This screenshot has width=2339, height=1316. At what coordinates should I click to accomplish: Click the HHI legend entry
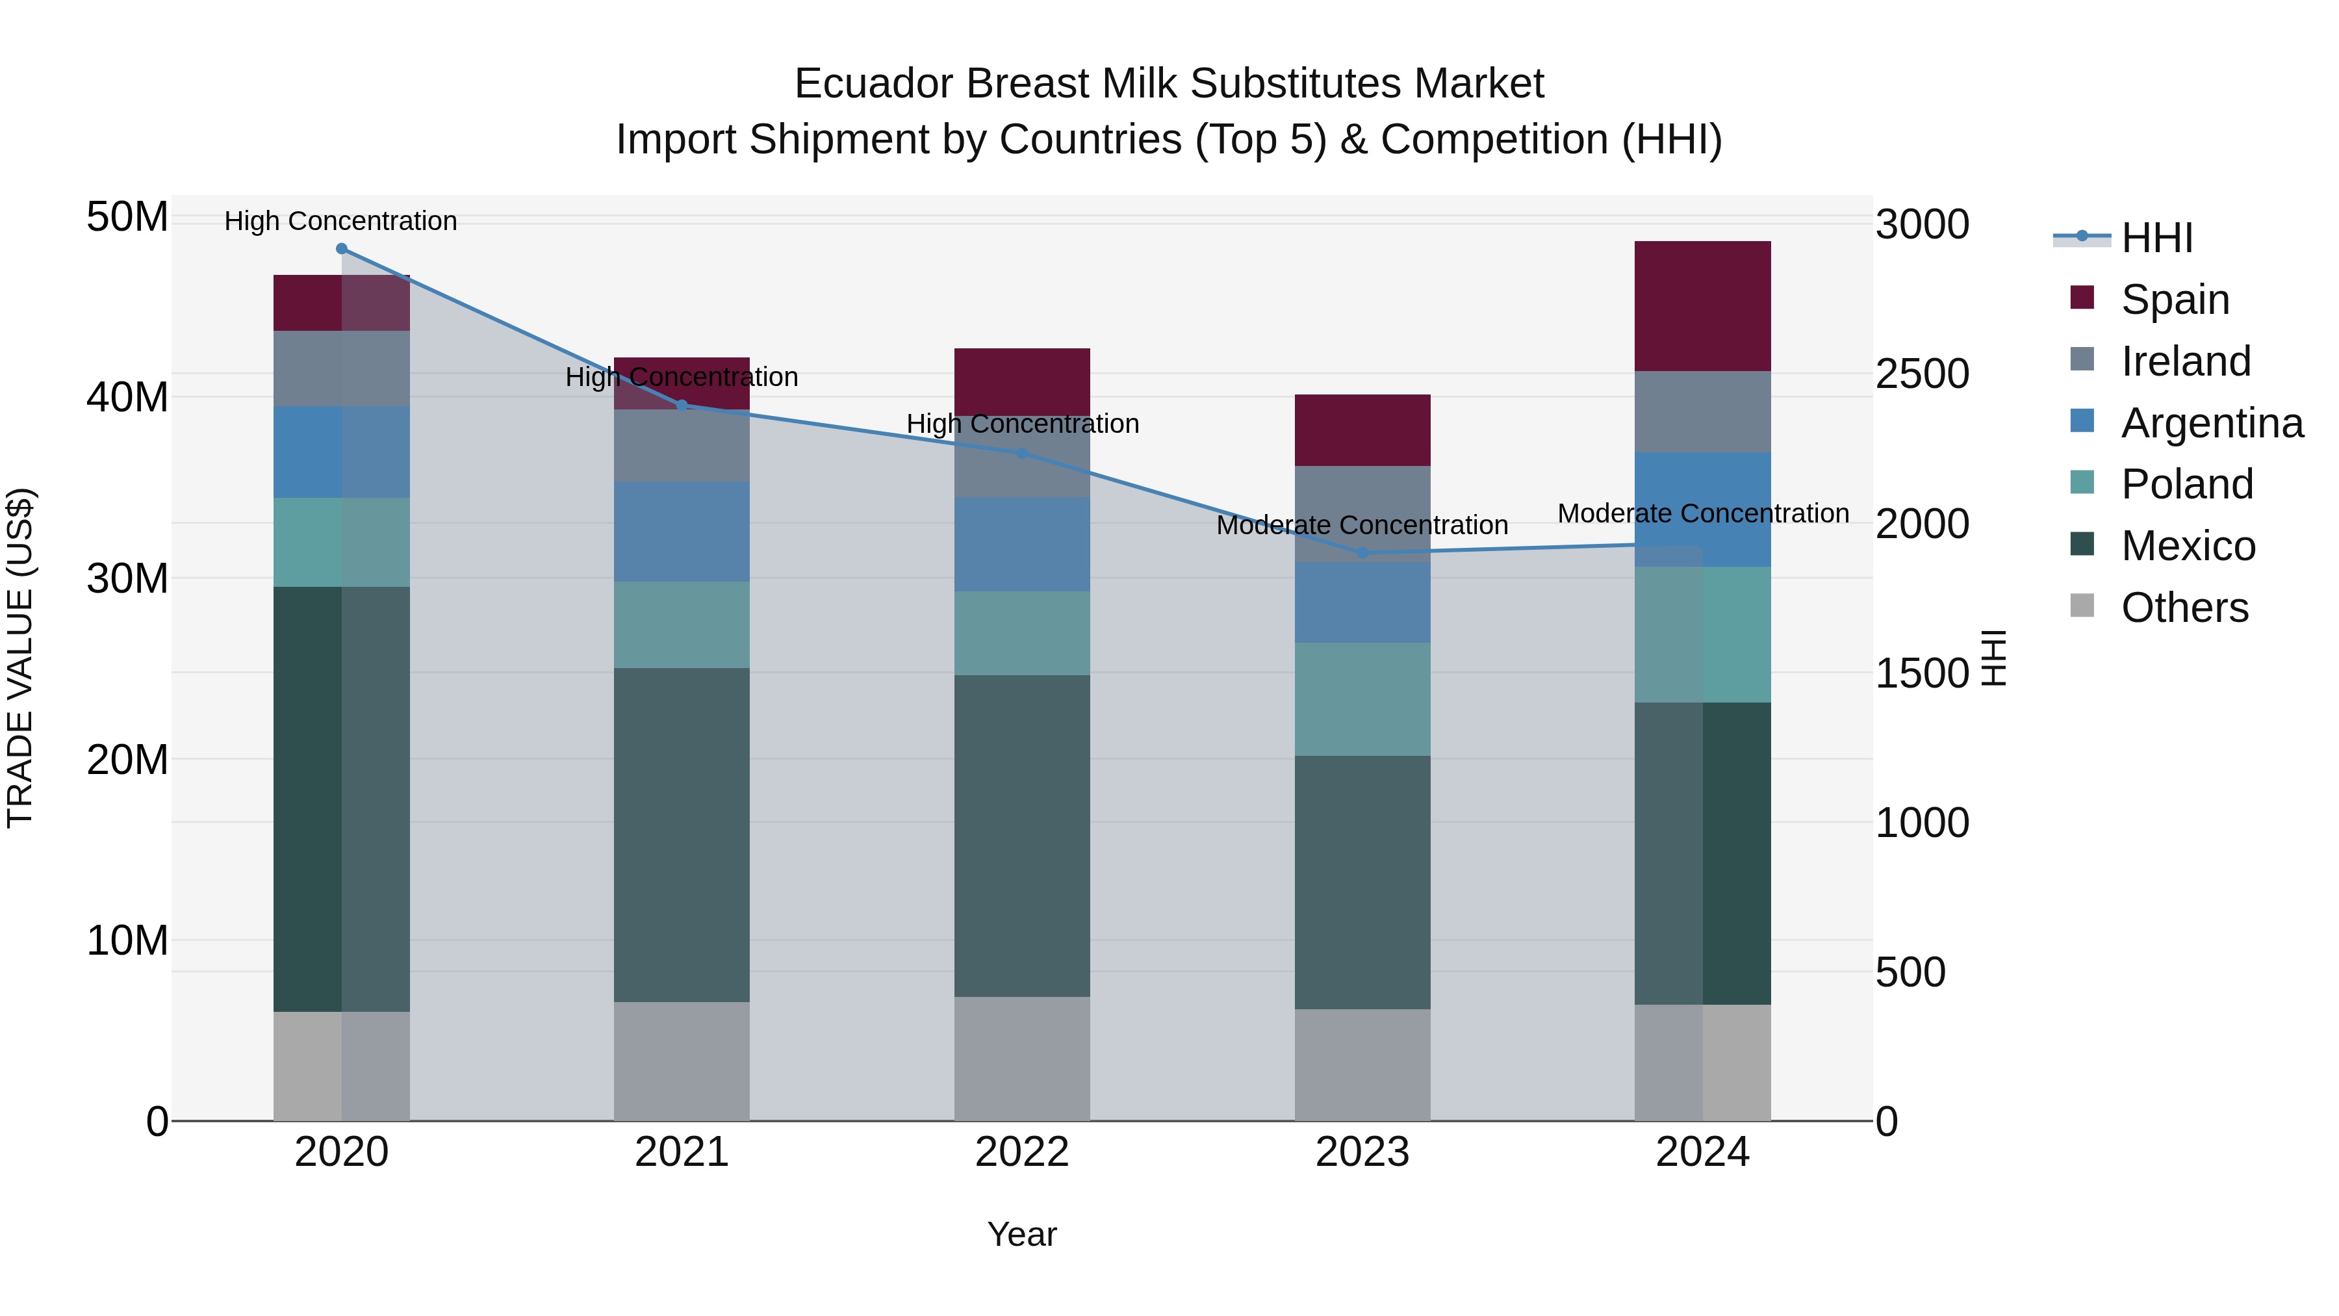point(2156,238)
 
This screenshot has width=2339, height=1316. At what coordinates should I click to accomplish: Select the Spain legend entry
point(2175,300)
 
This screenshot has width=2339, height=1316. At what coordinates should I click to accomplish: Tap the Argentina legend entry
point(2211,423)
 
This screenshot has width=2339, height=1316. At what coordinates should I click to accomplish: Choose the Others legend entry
point(2184,608)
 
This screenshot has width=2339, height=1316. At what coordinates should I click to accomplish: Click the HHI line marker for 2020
point(341,249)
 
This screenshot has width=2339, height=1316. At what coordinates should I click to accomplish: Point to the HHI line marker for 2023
point(1362,553)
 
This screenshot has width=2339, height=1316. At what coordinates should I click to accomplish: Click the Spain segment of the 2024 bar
point(1702,306)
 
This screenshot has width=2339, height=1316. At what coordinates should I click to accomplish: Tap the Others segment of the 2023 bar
point(1362,1064)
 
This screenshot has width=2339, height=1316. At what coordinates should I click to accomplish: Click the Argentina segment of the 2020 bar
point(341,452)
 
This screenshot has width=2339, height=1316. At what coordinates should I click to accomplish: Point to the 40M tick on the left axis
point(127,398)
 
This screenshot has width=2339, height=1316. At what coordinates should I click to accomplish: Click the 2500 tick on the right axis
point(1923,374)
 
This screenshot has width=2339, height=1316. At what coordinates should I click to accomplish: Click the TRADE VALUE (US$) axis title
point(20,658)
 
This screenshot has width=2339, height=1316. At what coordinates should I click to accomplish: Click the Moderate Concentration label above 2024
point(1702,514)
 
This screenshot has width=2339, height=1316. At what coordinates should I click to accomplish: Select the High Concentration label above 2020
point(340,222)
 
